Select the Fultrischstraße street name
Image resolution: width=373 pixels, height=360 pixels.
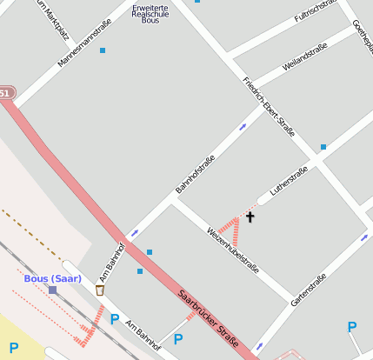pos(316,10)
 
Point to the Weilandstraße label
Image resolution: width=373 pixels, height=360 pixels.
pos(304,57)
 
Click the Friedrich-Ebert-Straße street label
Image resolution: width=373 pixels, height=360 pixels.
pos(269,107)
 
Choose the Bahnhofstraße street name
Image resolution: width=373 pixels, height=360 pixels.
pos(195,173)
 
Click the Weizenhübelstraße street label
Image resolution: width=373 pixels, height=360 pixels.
pos(232,250)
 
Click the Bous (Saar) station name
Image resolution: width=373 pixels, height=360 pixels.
pos(52,278)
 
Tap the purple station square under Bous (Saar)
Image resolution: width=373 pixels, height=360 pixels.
pos(53,290)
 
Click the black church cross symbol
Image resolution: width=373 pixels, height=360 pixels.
pos(250,217)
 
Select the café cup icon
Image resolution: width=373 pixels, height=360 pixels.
pos(100,290)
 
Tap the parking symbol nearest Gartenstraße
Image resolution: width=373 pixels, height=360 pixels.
pos(352,327)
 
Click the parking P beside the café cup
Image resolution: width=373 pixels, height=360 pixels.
pos(115,319)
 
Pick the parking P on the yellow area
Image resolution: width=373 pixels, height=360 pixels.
pos(14,348)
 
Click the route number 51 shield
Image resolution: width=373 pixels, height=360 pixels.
pos(5,93)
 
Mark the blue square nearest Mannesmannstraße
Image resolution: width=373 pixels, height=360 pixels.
pos(103,50)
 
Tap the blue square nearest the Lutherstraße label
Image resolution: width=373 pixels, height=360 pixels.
pos(323,147)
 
